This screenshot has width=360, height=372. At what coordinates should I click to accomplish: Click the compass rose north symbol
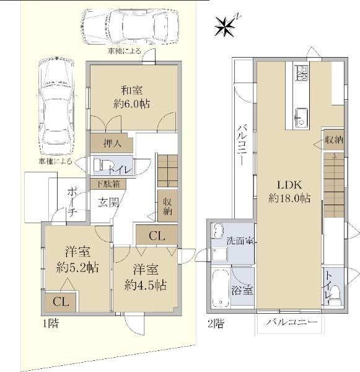[225, 27]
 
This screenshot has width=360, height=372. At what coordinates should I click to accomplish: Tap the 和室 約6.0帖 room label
[132, 97]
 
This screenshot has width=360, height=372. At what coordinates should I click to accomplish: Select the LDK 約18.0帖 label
[289, 191]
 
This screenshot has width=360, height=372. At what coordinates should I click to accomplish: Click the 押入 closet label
[112, 144]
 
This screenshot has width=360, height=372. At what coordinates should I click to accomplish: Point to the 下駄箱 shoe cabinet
[108, 184]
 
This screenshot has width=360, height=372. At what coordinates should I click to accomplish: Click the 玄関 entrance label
[108, 203]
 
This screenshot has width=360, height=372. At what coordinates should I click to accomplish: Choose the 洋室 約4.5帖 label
[146, 277]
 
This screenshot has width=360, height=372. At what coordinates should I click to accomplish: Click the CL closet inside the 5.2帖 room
[61, 302]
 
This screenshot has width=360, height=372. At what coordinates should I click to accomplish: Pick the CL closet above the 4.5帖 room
[157, 236]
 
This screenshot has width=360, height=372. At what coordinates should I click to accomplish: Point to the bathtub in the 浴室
[221, 288]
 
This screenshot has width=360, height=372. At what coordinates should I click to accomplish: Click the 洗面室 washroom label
[240, 241]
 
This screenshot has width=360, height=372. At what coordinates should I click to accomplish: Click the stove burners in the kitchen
[301, 73]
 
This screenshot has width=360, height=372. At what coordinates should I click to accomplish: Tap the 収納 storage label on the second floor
[334, 140]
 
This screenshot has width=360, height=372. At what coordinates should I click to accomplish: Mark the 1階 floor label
[51, 323]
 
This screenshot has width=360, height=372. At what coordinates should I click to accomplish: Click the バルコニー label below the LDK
[291, 322]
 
